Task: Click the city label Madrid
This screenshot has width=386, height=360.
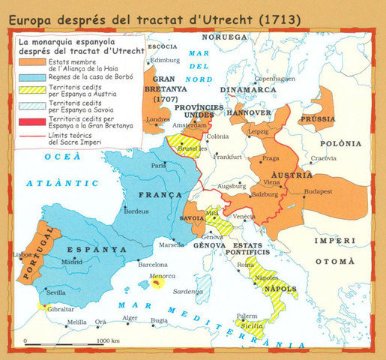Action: [72, 262]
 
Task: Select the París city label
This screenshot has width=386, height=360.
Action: [159, 165]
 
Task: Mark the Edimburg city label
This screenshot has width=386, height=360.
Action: [166, 60]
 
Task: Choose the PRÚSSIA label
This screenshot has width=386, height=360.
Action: [316, 119]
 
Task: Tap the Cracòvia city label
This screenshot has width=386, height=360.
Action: [324, 157]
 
